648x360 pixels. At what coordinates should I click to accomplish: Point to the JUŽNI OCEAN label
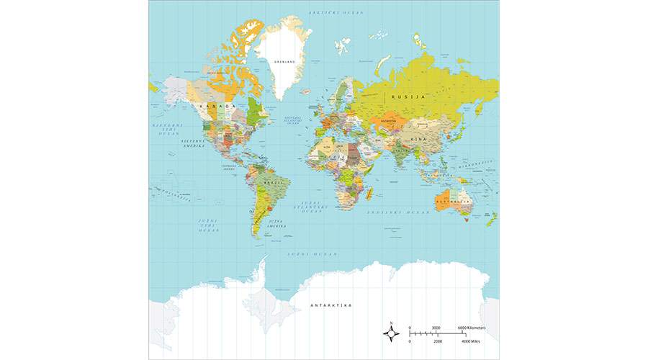(x=312, y=254)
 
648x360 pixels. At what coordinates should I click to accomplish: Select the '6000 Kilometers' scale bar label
(x=472, y=328)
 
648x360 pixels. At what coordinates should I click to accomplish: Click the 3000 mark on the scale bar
(x=436, y=328)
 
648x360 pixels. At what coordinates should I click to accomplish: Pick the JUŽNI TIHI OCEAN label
(x=208, y=225)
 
